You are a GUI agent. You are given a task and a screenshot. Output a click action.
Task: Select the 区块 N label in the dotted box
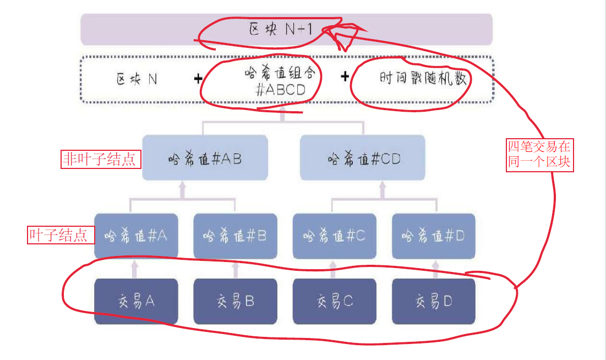pyautogui.click(x=137, y=79)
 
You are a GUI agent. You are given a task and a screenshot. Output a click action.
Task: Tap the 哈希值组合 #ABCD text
pyautogui.click(x=281, y=81)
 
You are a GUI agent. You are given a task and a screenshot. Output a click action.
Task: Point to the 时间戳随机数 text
pyautogui.click(x=423, y=79)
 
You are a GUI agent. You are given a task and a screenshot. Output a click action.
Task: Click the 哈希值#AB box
pyautogui.click(x=205, y=159)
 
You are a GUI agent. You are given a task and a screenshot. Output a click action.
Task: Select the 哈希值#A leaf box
pyautogui.click(x=136, y=236)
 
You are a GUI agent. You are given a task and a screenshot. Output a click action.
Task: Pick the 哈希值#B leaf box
pyautogui.click(x=235, y=236)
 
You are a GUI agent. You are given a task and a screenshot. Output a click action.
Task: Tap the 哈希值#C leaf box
pyautogui.click(x=334, y=236)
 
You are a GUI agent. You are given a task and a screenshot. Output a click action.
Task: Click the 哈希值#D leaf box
pyautogui.click(x=433, y=236)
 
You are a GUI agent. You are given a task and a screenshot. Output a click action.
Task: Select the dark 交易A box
pyautogui.click(x=136, y=301)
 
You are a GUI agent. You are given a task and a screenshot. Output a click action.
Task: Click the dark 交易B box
pyautogui.click(x=235, y=301)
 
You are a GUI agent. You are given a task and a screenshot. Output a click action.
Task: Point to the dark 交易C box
pyautogui.click(x=334, y=301)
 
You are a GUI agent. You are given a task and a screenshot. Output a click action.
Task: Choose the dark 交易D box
pyautogui.click(x=433, y=301)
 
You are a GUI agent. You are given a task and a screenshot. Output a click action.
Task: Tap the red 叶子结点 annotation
pyautogui.click(x=58, y=236)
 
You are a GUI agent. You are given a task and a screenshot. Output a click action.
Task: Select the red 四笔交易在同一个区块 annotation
pyautogui.click(x=540, y=155)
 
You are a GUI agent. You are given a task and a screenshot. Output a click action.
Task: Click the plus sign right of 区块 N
pyautogui.click(x=198, y=79)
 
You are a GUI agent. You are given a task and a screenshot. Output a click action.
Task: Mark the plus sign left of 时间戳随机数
pyautogui.click(x=345, y=77)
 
